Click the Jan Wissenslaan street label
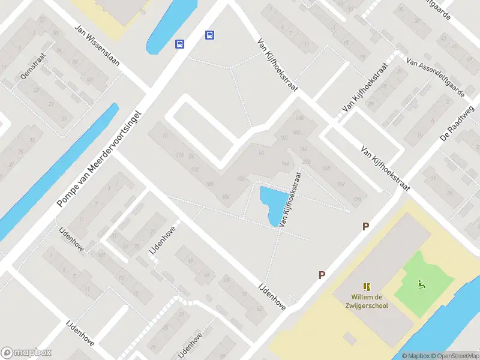point(97,45)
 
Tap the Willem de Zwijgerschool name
point(370,301)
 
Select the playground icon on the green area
point(422,284)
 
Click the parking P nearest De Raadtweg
point(365,226)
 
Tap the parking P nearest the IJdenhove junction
point(322,275)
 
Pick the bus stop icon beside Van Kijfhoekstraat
point(209,35)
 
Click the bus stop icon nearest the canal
point(179,44)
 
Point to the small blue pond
point(270,203)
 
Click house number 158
point(300,118)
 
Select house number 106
point(226,197)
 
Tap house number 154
point(358,198)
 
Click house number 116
point(179,155)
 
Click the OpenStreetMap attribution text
point(452,356)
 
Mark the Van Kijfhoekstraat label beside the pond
point(289,200)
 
